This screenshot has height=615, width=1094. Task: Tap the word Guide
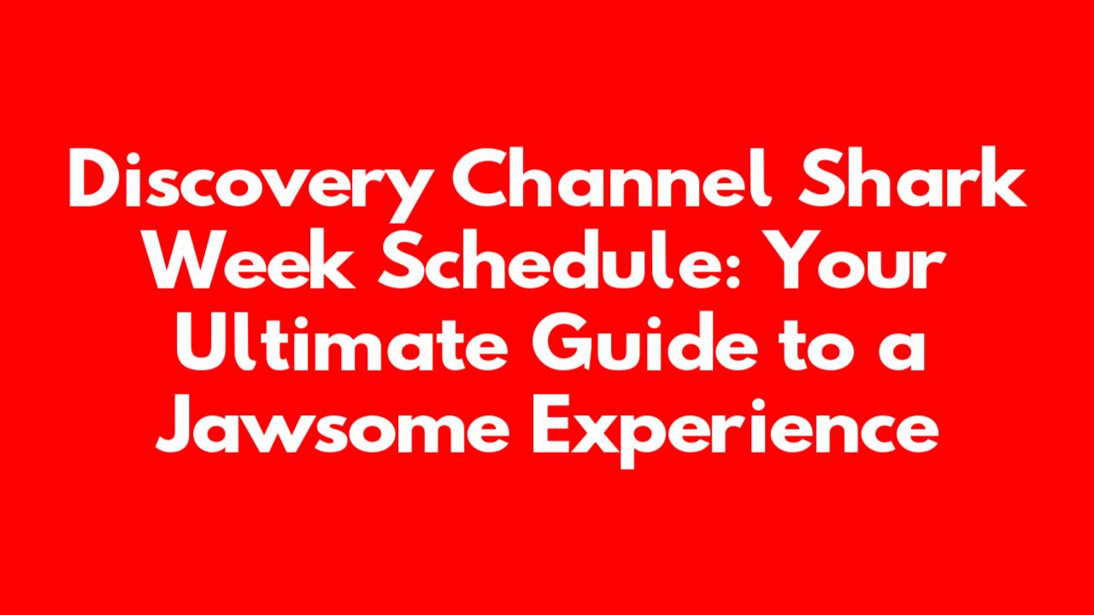click(x=644, y=344)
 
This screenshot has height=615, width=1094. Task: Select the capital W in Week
click(x=188, y=261)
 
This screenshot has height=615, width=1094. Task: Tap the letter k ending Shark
click(x=1003, y=177)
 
